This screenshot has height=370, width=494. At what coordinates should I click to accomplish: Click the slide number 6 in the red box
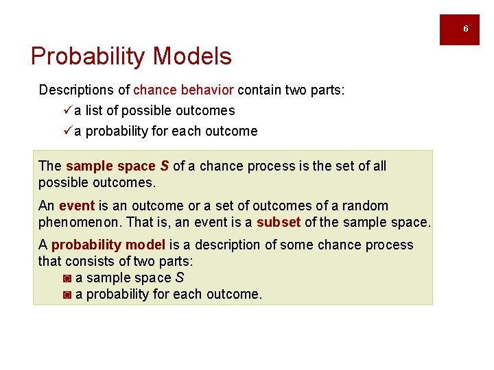point(465,29)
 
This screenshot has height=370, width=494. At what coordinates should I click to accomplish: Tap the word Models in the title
point(198,56)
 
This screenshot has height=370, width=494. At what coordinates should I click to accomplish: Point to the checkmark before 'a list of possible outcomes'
point(67,110)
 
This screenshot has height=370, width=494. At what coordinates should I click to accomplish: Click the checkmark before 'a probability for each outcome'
point(67,131)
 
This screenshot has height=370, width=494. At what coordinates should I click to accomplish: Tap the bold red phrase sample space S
point(117,166)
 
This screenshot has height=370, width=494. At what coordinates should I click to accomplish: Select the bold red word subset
point(279,223)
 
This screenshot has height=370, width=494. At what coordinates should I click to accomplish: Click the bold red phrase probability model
point(108,245)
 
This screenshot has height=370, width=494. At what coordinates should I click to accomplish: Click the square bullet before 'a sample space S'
point(67,278)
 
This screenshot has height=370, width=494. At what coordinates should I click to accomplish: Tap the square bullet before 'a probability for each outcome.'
point(67,295)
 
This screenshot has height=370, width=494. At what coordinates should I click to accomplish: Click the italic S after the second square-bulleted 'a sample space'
point(180,277)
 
